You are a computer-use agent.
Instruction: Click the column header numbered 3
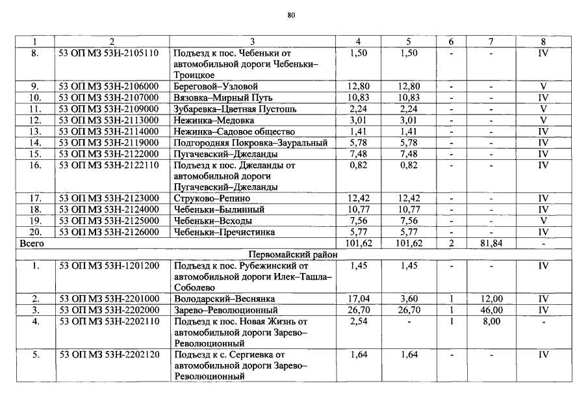(251, 42)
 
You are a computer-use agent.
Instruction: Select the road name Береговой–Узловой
(216, 86)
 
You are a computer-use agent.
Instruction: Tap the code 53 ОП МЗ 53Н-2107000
(109, 97)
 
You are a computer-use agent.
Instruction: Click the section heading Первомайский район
(293, 255)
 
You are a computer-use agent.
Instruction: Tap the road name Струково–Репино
(212, 198)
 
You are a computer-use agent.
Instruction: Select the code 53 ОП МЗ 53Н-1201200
(109, 266)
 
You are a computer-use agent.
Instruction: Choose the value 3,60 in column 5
(409, 299)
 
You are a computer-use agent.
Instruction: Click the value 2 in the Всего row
(450, 244)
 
